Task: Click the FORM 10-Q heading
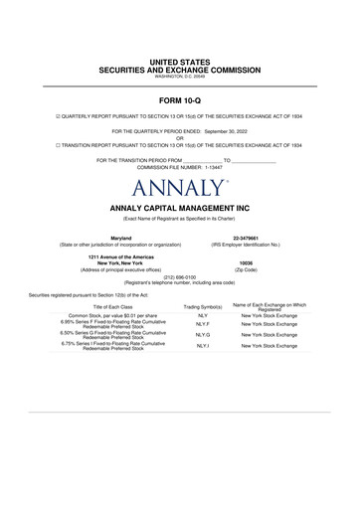(x=180, y=102)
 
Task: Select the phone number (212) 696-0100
(x=180, y=277)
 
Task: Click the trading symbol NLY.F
(x=202, y=324)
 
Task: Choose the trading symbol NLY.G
(x=202, y=335)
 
